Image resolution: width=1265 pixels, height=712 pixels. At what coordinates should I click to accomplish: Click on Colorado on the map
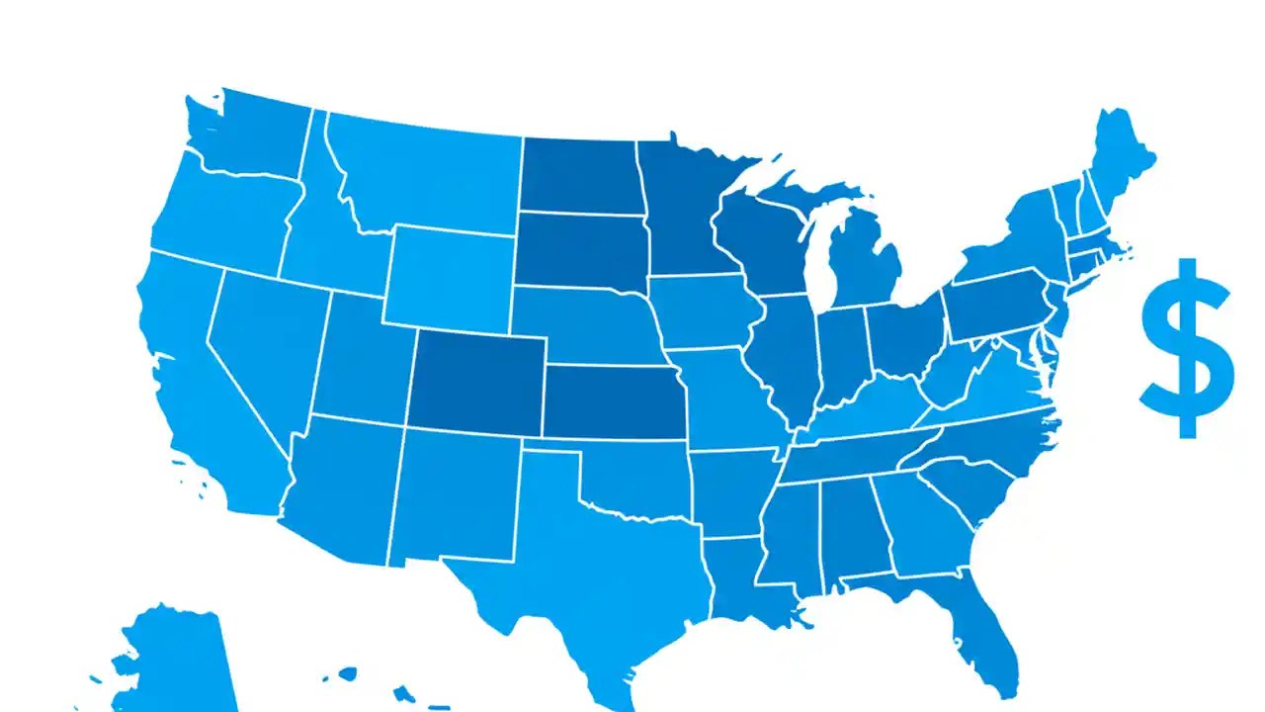[x=476, y=381]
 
